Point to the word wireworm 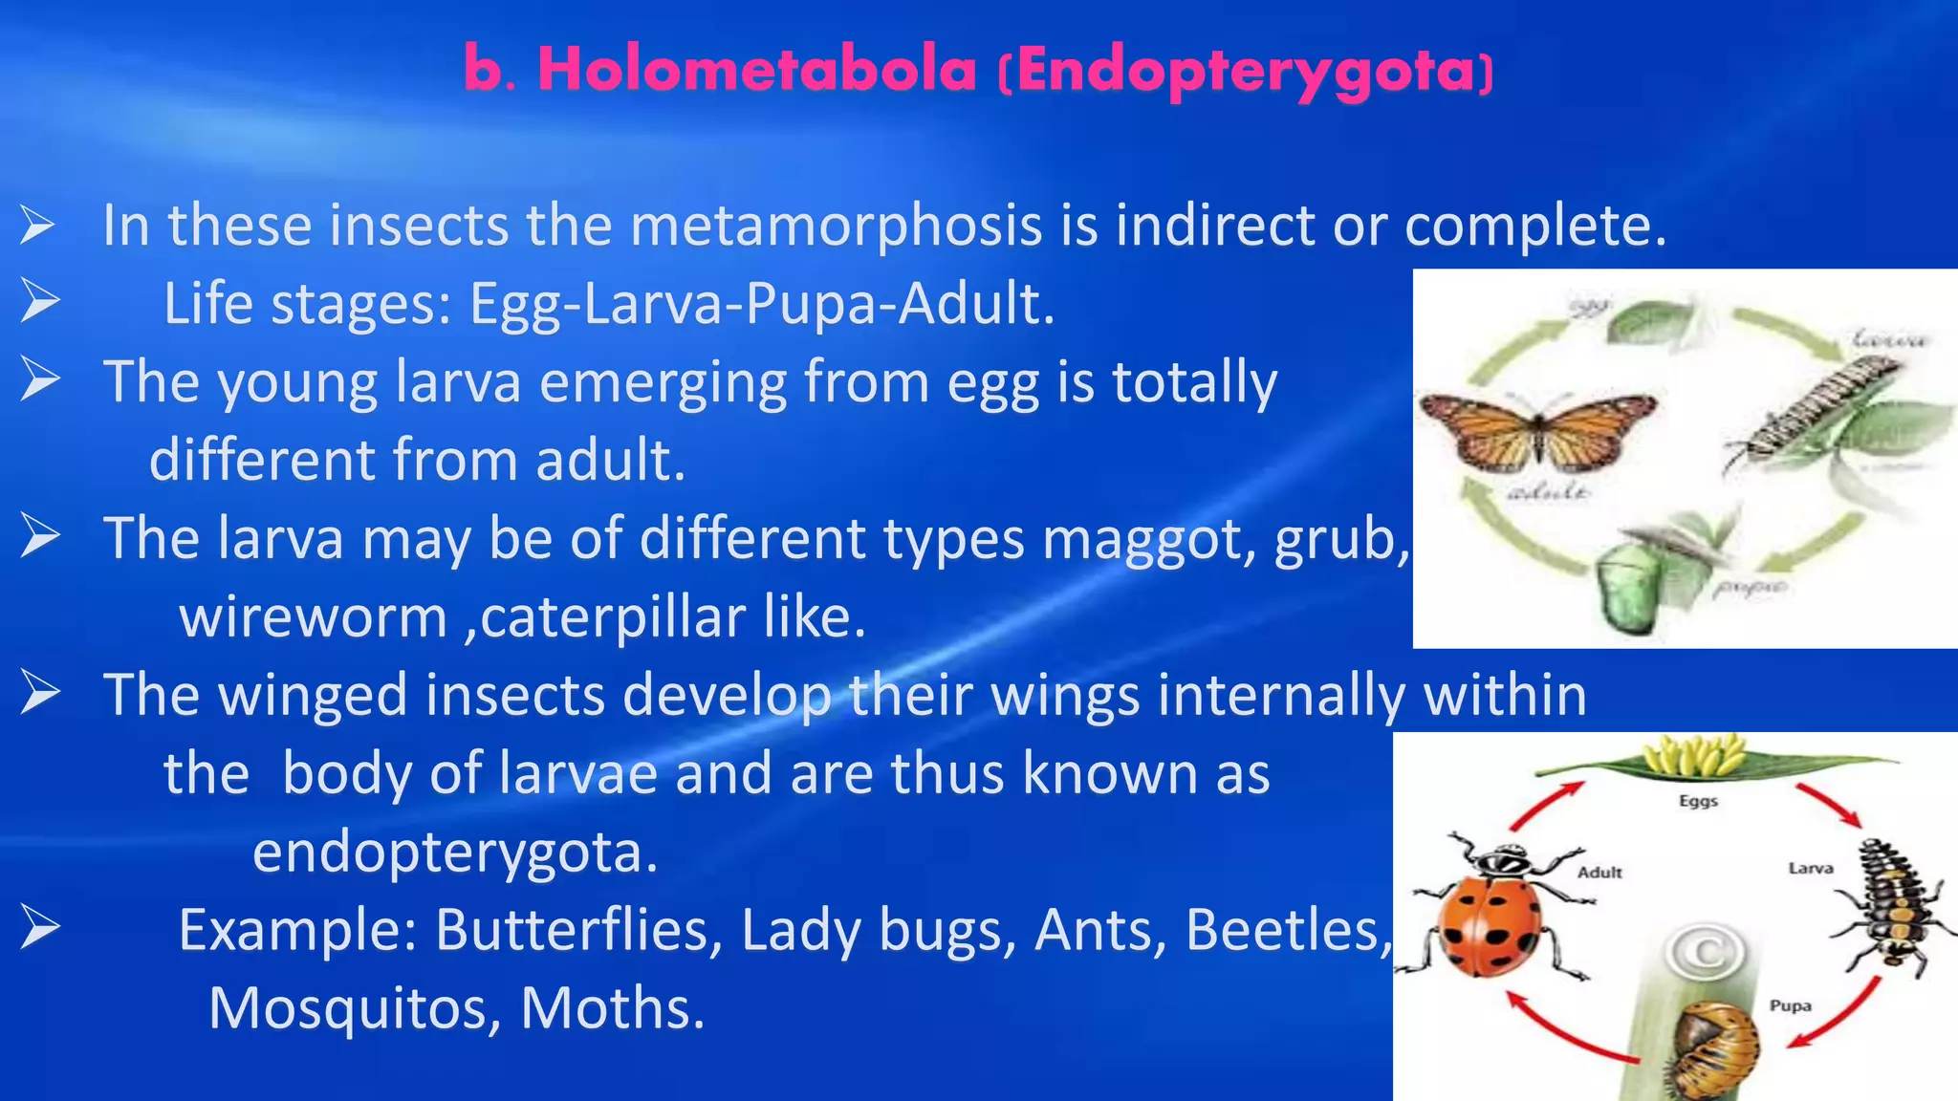tap(313, 617)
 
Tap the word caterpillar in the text tap(612, 617)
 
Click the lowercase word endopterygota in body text tap(455, 852)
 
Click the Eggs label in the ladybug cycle tap(1698, 801)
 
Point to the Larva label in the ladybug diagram tap(1810, 868)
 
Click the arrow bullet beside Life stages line tap(40, 302)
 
